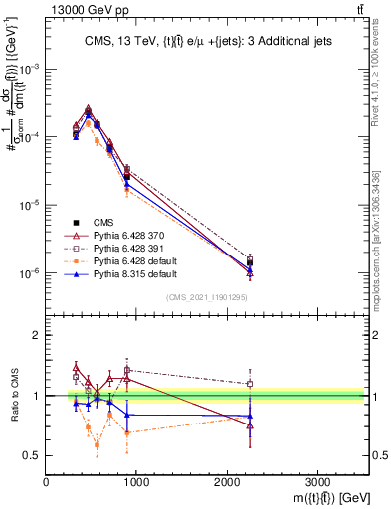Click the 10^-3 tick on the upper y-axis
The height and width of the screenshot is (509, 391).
(30, 69)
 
